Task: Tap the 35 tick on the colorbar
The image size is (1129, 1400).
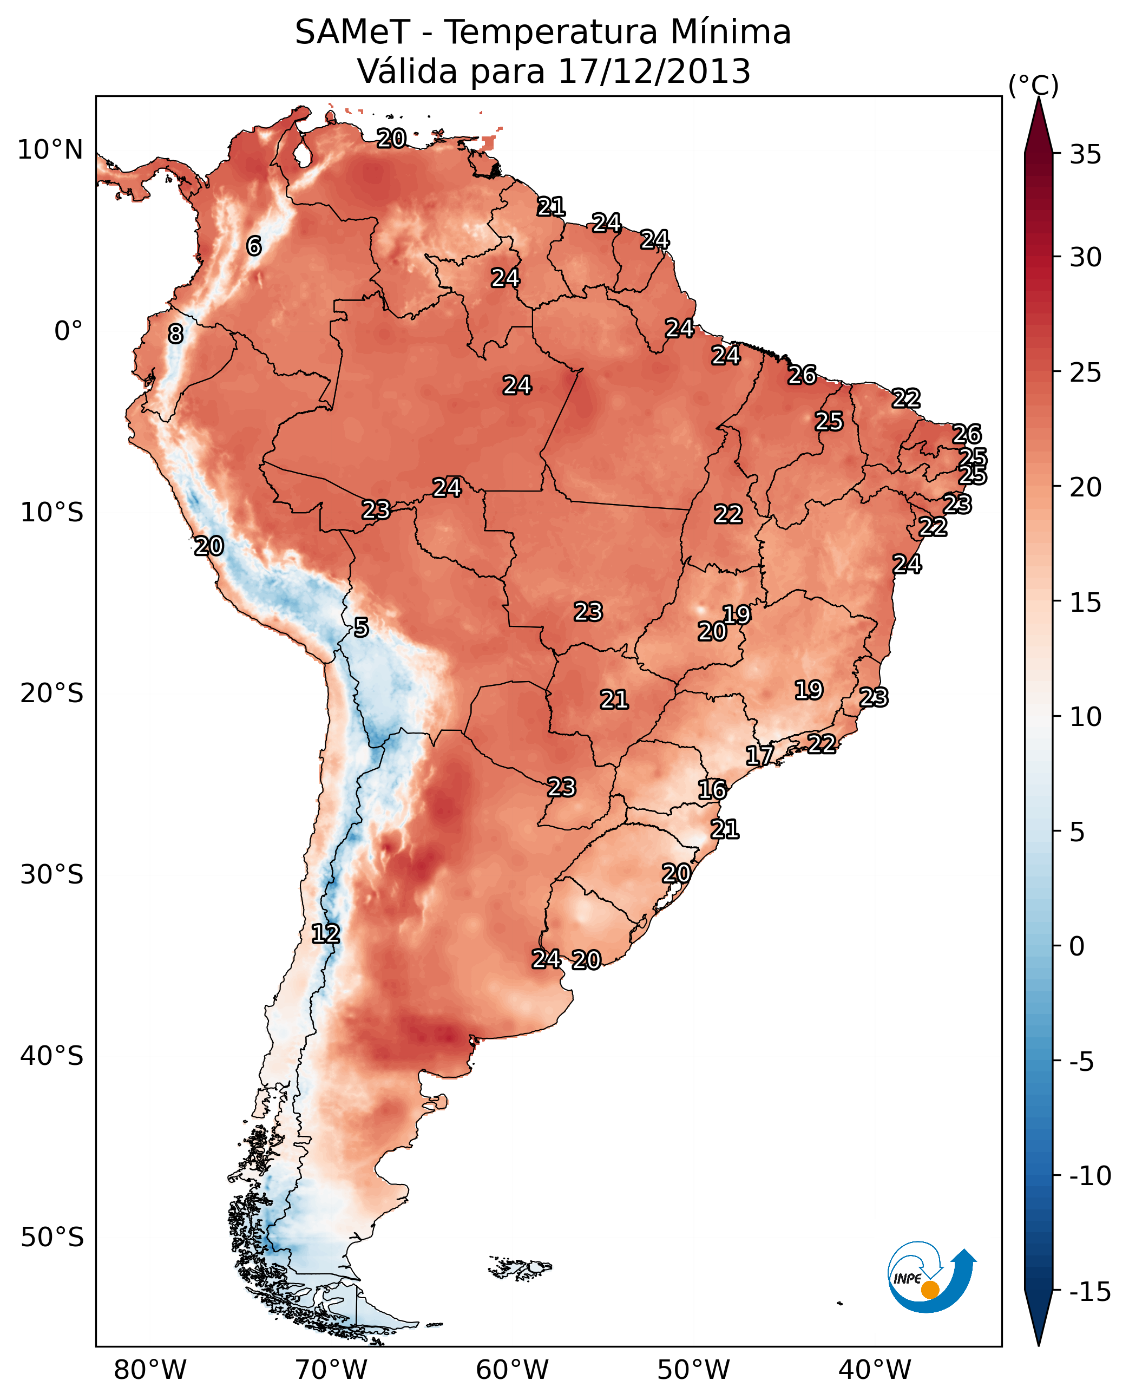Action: (x=1085, y=155)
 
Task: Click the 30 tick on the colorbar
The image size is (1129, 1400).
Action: (x=1085, y=258)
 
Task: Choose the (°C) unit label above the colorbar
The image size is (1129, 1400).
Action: (x=1033, y=85)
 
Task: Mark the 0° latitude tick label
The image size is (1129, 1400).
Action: (x=68, y=331)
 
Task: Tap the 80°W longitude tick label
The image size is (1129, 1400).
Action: (x=150, y=1370)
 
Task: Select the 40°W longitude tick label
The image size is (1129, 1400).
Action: (x=875, y=1370)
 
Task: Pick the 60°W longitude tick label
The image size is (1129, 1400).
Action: (x=513, y=1370)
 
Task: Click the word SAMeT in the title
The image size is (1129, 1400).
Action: (x=352, y=32)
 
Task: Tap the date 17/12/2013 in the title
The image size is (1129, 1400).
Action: (x=654, y=71)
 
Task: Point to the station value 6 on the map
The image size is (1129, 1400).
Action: (x=254, y=246)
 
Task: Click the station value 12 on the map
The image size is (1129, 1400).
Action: (x=325, y=934)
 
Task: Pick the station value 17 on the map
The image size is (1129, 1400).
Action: (x=759, y=755)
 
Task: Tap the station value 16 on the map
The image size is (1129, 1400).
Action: (x=712, y=790)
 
